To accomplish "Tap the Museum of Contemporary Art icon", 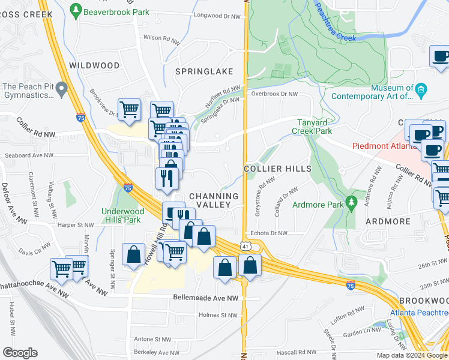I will [x=421, y=91].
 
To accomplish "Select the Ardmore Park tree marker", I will [x=351, y=202].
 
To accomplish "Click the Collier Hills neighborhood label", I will [x=278, y=169].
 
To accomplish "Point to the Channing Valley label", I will [x=214, y=200].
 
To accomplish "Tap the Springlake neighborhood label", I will [x=204, y=71].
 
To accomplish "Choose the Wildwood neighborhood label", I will [x=91, y=65].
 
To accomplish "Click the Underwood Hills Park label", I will [x=123, y=215].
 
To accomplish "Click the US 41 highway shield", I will [x=244, y=246].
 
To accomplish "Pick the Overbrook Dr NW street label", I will [x=274, y=94].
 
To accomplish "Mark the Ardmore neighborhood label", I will [x=387, y=221].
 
